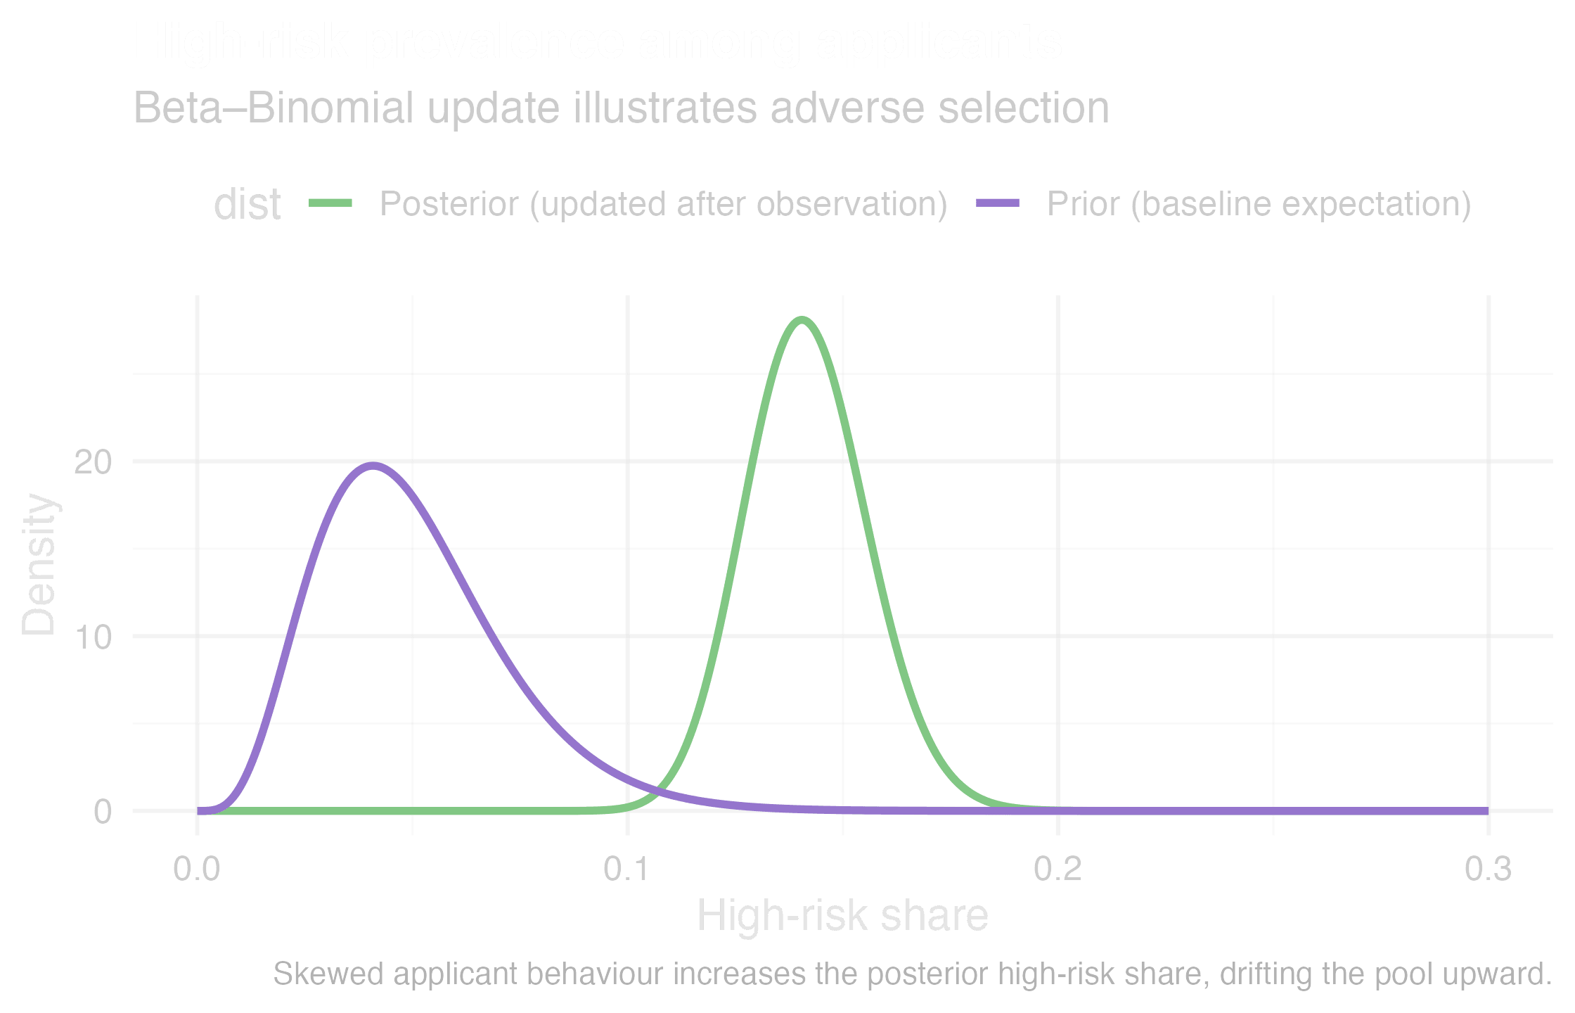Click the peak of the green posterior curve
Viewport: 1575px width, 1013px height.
[802, 320]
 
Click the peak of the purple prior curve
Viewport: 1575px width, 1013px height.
[372, 465]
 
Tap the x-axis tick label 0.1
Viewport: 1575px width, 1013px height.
[627, 870]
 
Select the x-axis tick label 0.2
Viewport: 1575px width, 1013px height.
[1057, 870]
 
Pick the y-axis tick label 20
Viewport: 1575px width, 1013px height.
[93, 462]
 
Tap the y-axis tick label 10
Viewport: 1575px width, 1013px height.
[93, 637]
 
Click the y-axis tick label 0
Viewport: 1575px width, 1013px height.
[103, 812]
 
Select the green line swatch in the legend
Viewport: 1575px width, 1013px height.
[330, 204]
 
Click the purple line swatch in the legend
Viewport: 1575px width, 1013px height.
[998, 204]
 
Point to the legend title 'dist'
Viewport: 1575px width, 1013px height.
[247, 205]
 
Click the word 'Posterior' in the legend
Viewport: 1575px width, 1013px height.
[449, 204]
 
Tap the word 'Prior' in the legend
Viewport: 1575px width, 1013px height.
[1084, 204]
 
